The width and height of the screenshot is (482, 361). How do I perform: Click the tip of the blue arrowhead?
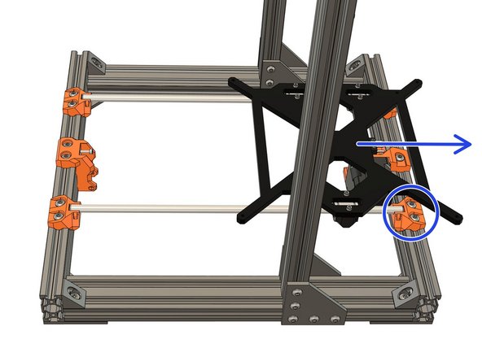point(472,144)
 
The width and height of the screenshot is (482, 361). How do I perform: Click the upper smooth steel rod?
point(163,100)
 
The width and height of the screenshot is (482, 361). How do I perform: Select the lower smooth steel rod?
point(163,208)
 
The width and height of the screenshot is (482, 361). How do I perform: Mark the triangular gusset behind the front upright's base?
point(326,269)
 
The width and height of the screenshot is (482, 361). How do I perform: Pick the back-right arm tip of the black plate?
point(417,81)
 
